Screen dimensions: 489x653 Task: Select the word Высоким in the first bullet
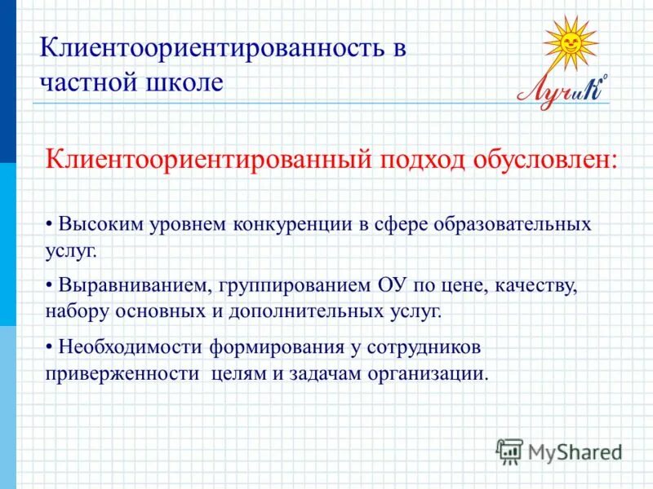click(x=93, y=223)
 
